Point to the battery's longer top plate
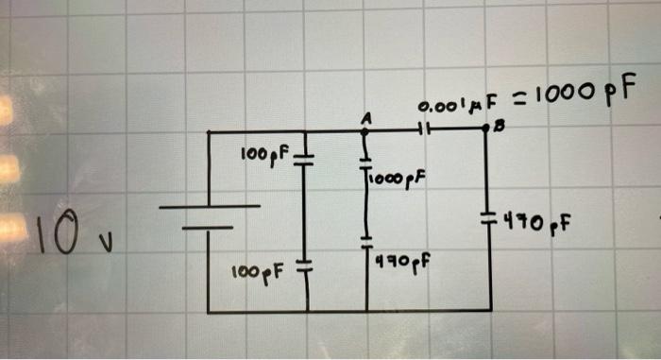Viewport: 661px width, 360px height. pyautogui.click(x=209, y=206)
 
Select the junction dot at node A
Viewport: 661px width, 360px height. pyautogui.click(x=366, y=132)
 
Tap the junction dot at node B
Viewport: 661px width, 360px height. pyautogui.click(x=487, y=132)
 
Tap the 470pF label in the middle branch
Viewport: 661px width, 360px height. pyautogui.click(x=397, y=262)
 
